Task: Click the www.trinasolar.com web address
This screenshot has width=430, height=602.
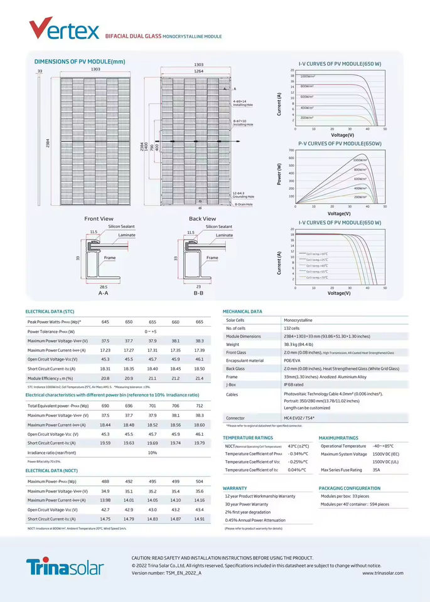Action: click(382, 573)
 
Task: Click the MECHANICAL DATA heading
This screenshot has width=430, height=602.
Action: click(242, 311)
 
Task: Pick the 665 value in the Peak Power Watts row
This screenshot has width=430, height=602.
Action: click(199, 322)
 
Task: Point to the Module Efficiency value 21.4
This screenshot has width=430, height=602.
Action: click(199, 378)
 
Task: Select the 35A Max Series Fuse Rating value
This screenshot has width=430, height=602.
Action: click(376, 470)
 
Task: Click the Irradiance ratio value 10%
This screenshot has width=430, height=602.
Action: click(153, 452)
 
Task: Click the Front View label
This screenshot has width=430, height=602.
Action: click(99, 219)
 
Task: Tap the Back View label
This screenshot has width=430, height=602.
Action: click(202, 219)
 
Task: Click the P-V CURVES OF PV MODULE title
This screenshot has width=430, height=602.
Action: click(340, 144)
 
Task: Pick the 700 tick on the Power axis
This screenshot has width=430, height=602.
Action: click(291, 150)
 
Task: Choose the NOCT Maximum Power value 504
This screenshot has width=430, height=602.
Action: click(199, 482)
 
